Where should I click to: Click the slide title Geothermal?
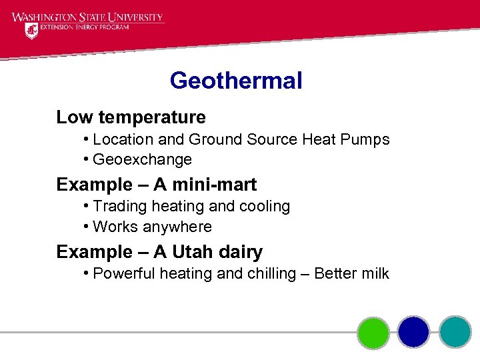[x=236, y=81]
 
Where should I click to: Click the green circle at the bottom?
[x=373, y=332]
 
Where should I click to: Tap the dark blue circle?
[x=413, y=332]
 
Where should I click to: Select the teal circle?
[x=455, y=332]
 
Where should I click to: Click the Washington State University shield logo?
[x=31, y=31]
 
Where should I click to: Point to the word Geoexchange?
[x=142, y=160]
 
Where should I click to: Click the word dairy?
[x=243, y=252]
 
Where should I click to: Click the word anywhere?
[x=175, y=227]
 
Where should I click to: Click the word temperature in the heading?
[x=152, y=117]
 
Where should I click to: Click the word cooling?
[x=263, y=207]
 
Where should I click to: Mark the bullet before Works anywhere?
[x=87, y=227]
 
